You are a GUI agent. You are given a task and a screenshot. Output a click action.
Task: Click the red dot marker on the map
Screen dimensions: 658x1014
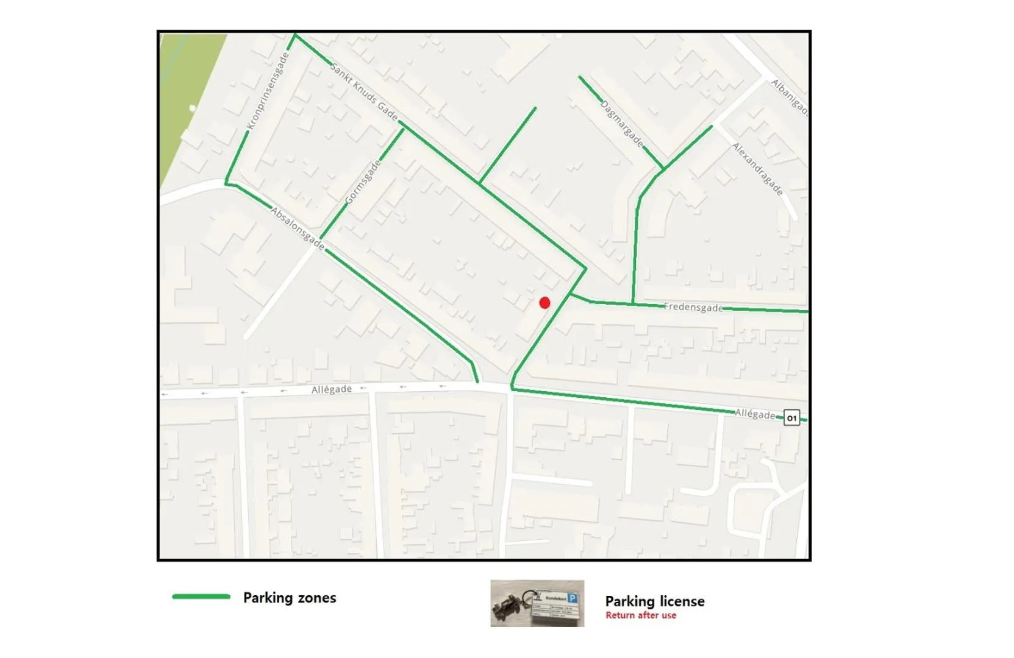544,303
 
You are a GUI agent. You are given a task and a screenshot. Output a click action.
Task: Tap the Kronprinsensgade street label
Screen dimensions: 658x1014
268,91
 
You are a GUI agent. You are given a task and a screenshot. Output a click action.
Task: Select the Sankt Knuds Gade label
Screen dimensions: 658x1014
364,92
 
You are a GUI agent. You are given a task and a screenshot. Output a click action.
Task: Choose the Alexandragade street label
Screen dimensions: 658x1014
757,169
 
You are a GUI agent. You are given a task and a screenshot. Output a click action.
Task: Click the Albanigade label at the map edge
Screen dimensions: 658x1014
790,97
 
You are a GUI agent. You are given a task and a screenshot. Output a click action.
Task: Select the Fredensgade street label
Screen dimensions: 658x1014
693,307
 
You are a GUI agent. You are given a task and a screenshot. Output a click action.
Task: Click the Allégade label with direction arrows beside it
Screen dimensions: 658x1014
332,389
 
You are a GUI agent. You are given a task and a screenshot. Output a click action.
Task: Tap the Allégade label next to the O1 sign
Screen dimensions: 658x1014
755,414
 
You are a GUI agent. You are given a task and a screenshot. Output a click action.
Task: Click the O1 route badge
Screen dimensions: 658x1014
791,418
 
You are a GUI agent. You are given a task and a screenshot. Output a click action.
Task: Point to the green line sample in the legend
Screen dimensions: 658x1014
201,597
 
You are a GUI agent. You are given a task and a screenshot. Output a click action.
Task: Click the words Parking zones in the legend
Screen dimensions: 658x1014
290,598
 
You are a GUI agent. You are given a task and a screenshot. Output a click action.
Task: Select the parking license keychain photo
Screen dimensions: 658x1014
537,603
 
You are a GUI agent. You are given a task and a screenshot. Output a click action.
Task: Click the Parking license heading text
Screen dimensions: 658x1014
655,601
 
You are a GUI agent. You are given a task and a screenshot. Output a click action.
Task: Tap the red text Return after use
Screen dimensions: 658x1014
641,615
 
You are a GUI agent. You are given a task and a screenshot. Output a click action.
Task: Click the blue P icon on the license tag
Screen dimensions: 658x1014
572,598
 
